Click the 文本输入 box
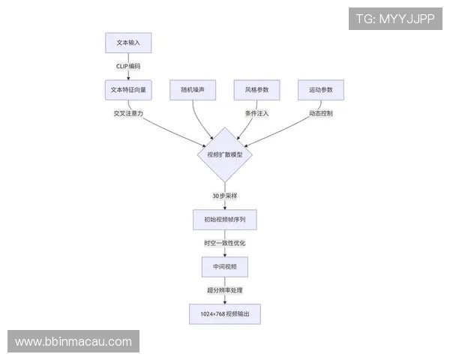(128, 43)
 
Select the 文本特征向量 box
(128, 90)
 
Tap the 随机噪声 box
(193, 90)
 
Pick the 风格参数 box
(256, 90)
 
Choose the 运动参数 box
(320, 90)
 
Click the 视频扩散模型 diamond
(224, 154)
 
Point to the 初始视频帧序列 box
(224, 219)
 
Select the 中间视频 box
(224, 266)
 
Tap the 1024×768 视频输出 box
(224, 313)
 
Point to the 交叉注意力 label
(128, 113)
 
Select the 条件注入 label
(256, 113)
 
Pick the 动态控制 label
(320, 113)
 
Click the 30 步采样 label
(224, 196)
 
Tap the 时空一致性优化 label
(224, 243)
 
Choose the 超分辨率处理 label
(224, 289)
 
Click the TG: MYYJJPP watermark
(395, 19)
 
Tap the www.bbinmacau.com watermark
(73, 342)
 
